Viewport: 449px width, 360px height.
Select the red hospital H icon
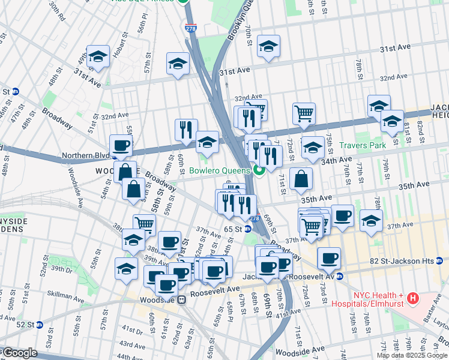click(x=412, y=298)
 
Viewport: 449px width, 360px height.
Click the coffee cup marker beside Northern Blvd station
click(x=121, y=145)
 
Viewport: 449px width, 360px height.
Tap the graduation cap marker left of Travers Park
click(x=312, y=147)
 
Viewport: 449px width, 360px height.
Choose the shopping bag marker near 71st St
click(x=300, y=178)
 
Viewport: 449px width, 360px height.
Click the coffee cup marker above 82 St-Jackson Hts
click(x=328, y=258)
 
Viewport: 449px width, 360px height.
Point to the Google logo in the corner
click(x=19, y=353)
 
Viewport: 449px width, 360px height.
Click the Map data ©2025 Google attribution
click(x=411, y=355)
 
